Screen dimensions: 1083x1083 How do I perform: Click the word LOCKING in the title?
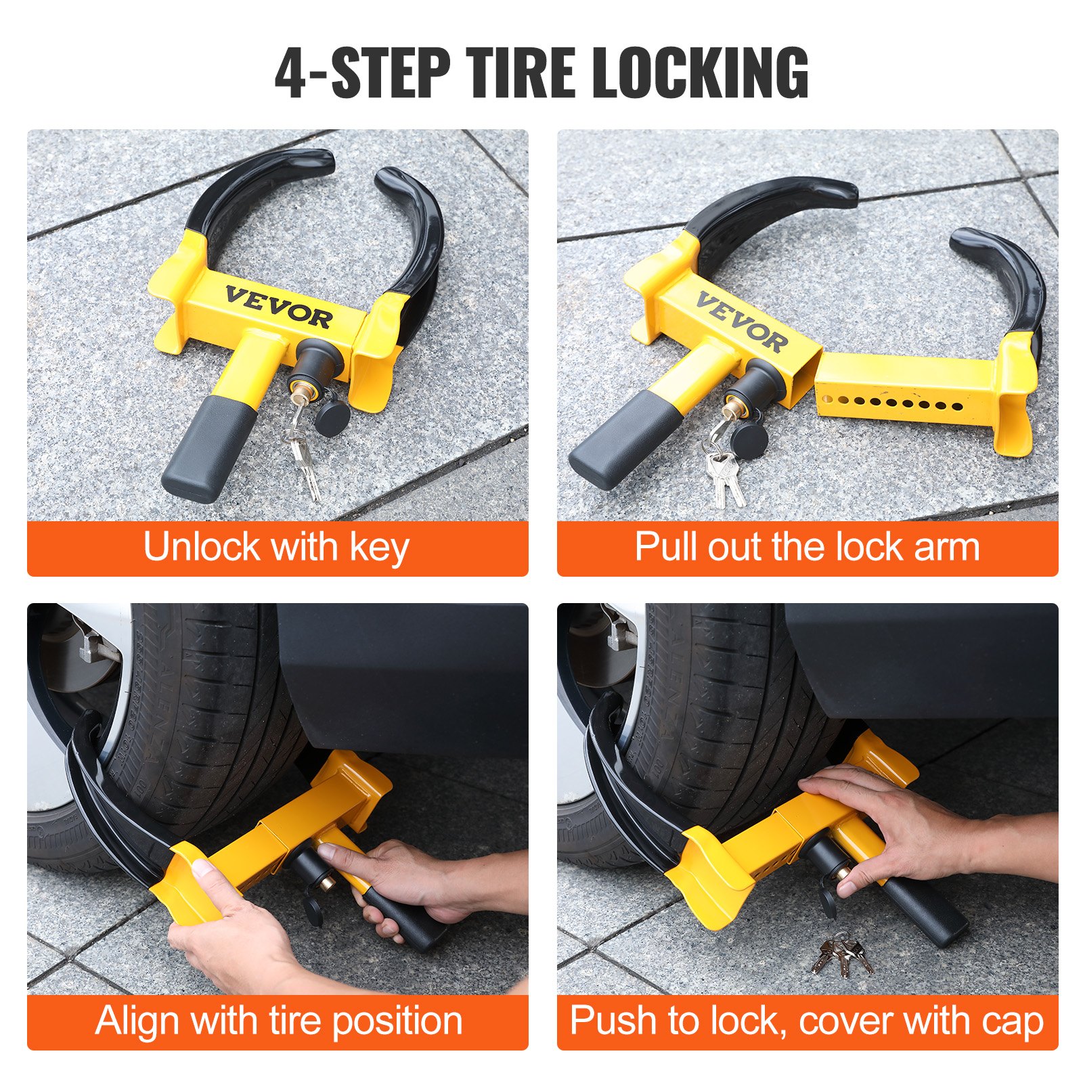[700, 73]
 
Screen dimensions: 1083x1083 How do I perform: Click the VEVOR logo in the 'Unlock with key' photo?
[278, 307]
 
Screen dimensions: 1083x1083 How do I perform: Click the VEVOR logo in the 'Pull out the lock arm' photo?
[743, 322]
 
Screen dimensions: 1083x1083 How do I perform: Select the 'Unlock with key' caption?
[276, 547]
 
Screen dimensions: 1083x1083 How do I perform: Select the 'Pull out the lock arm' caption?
[807, 547]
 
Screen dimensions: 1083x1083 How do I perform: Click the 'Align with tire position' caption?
[278, 1021]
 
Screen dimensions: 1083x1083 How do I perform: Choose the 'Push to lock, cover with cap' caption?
[807, 1021]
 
